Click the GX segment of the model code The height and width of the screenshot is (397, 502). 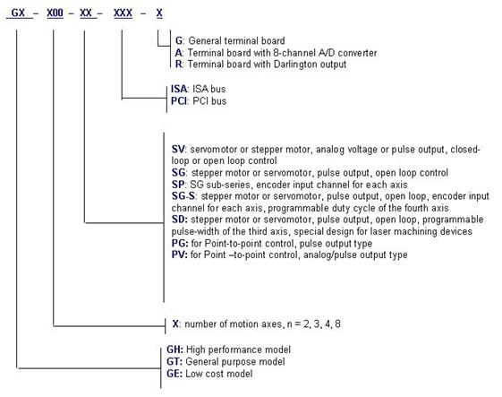18,13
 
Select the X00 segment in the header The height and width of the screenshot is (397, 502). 55,13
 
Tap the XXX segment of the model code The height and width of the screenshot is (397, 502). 123,13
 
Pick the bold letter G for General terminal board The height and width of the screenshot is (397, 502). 179,41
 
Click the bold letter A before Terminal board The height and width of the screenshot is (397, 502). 178,53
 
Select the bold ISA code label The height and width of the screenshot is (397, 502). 179,89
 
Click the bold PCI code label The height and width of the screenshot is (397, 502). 179,101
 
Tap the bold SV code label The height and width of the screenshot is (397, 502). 178,150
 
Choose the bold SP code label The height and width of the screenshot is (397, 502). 178,185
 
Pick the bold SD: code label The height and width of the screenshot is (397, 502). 180,220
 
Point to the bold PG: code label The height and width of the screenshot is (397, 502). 180,244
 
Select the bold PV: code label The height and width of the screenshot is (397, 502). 180,255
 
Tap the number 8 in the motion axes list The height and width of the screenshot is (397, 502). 337,324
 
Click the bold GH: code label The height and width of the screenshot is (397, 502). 174,350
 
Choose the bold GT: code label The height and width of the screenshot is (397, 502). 174,362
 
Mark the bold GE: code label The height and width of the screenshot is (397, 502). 174,374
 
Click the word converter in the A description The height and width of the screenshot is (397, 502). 357,53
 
